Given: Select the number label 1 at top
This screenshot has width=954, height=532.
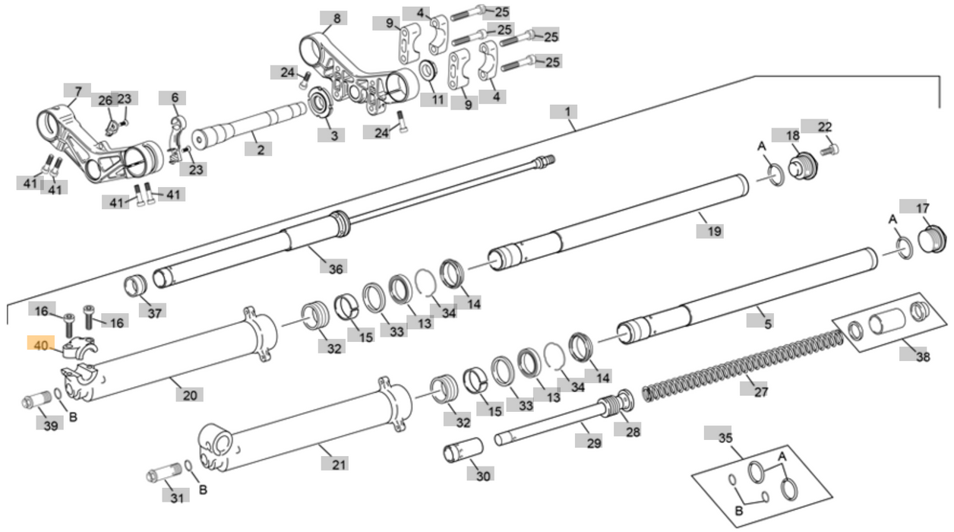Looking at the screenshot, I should [x=566, y=112].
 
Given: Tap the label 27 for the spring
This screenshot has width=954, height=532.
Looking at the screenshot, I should [x=760, y=391].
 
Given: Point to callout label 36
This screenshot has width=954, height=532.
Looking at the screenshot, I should [x=336, y=268].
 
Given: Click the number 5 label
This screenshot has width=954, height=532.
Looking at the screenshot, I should [x=768, y=324].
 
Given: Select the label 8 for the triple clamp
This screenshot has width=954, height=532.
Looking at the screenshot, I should [x=336, y=18].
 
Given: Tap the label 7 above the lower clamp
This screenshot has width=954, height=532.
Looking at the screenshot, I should [x=77, y=92].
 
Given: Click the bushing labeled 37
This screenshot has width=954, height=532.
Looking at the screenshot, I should [x=135, y=287].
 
